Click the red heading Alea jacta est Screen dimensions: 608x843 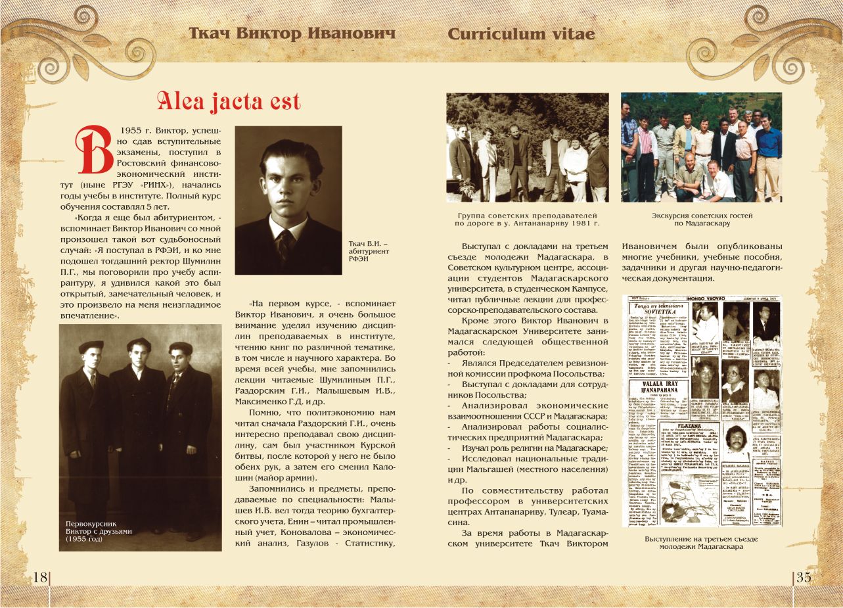[228, 102]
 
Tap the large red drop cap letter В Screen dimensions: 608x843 [94, 150]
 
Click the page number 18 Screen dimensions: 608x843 [40, 577]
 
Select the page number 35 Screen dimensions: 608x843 [803, 577]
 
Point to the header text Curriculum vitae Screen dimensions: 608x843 [521, 34]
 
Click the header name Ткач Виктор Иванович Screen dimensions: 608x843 [292, 34]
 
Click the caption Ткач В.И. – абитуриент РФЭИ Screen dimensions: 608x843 [369, 251]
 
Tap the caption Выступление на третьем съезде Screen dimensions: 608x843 [700, 543]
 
